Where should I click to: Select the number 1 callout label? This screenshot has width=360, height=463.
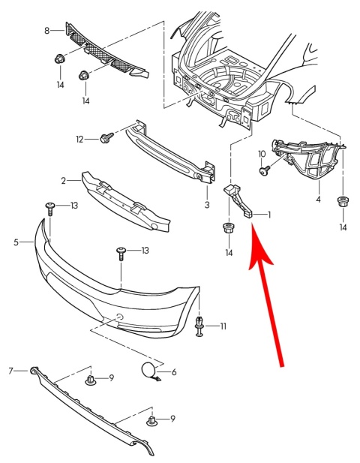pos(269,214)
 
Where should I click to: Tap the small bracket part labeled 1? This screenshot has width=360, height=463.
pos(240,198)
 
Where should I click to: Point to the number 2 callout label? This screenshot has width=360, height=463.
pos(64,180)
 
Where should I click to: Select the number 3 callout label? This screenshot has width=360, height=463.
pos(206,203)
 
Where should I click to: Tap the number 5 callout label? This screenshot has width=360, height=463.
pos(16,242)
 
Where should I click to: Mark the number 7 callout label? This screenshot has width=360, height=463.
pos(11,371)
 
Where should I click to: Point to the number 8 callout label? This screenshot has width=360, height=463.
pos(47,31)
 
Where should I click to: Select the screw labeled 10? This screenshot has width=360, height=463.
pos(264,171)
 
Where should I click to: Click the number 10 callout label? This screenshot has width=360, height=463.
pos(262,154)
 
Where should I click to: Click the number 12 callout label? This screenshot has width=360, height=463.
pos(79,139)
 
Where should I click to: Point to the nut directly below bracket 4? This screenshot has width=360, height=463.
pos(343,202)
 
